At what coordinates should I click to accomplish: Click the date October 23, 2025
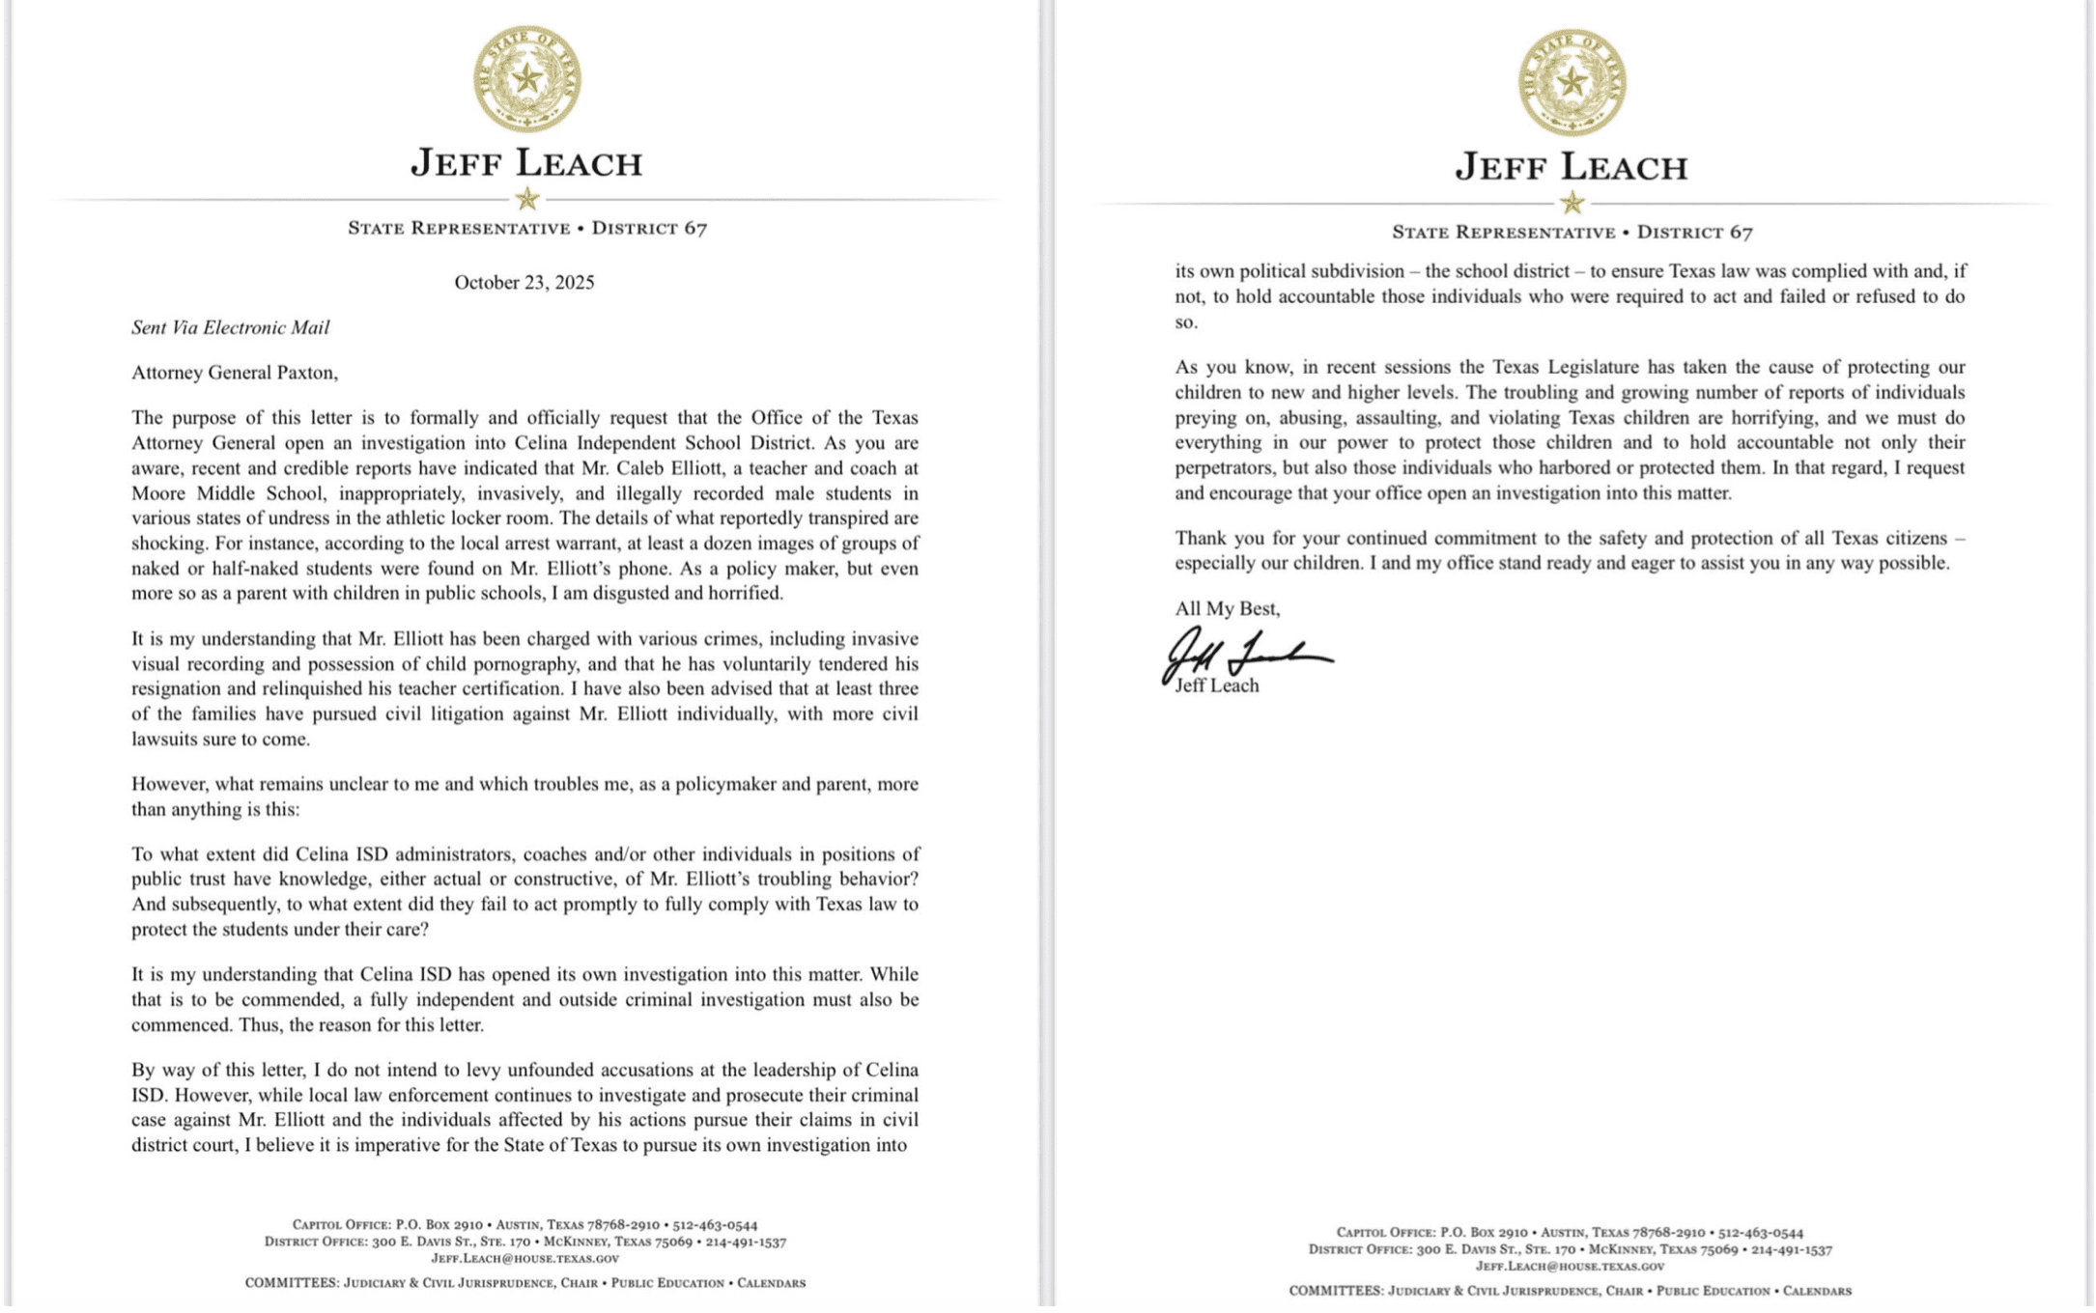(x=524, y=283)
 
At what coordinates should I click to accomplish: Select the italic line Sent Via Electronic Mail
(x=231, y=328)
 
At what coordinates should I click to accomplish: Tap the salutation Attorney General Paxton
(x=235, y=373)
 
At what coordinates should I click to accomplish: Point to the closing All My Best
(x=1227, y=609)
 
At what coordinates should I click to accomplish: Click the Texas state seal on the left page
(x=526, y=78)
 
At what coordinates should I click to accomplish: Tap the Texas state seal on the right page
(x=1572, y=82)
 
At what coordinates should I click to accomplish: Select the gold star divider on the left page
(x=526, y=200)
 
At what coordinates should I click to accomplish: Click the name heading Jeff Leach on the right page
(x=1572, y=168)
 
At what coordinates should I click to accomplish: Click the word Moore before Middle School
(x=157, y=494)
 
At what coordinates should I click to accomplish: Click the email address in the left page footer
(x=524, y=1259)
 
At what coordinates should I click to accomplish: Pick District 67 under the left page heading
(x=649, y=229)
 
